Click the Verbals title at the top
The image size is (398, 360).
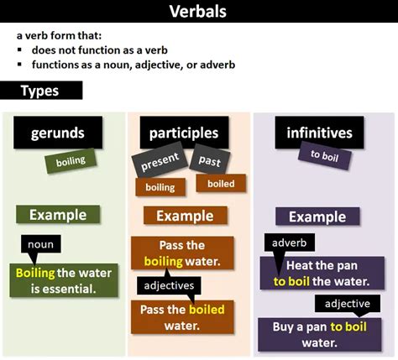click(198, 12)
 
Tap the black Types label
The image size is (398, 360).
click(41, 91)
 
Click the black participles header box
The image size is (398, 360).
click(183, 133)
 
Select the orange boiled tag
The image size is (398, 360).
click(221, 183)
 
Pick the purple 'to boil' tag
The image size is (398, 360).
click(325, 156)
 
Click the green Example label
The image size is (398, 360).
click(58, 215)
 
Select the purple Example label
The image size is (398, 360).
click(317, 217)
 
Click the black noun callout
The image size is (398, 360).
click(41, 246)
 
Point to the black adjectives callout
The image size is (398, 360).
click(168, 285)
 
